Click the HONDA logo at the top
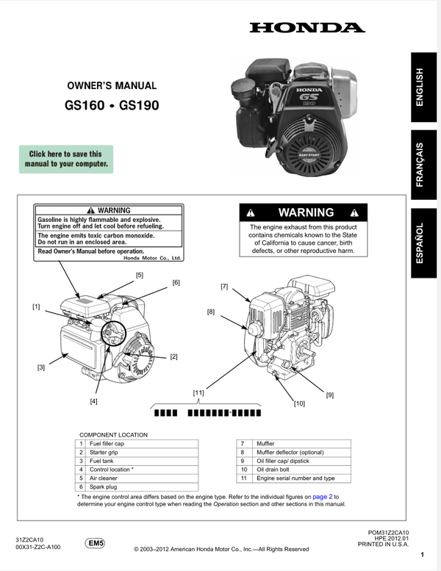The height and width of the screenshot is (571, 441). pyautogui.click(x=306, y=28)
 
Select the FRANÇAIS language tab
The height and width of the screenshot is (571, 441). pyautogui.click(x=419, y=165)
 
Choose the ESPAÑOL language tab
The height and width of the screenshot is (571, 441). pyautogui.click(x=419, y=248)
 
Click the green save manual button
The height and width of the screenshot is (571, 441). pyautogui.click(x=65, y=159)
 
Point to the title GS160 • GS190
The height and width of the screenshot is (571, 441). pyautogui.click(x=112, y=104)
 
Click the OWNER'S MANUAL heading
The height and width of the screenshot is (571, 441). pyautogui.click(x=112, y=86)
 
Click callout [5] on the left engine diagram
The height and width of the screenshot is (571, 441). pyautogui.click(x=139, y=275)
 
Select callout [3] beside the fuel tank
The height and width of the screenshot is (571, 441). pyautogui.click(x=41, y=366)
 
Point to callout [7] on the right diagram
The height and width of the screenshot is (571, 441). pyautogui.click(x=224, y=286)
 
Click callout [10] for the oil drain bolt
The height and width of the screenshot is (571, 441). pyautogui.click(x=299, y=403)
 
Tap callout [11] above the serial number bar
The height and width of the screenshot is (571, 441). pyautogui.click(x=198, y=393)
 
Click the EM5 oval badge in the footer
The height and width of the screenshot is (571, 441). pyautogui.click(x=96, y=543)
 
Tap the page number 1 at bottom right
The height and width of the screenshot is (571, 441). pyautogui.click(x=423, y=555)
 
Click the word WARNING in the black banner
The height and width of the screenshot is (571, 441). pyautogui.click(x=305, y=212)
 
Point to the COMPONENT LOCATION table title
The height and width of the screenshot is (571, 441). pyautogui.click(x=113, y=435)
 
